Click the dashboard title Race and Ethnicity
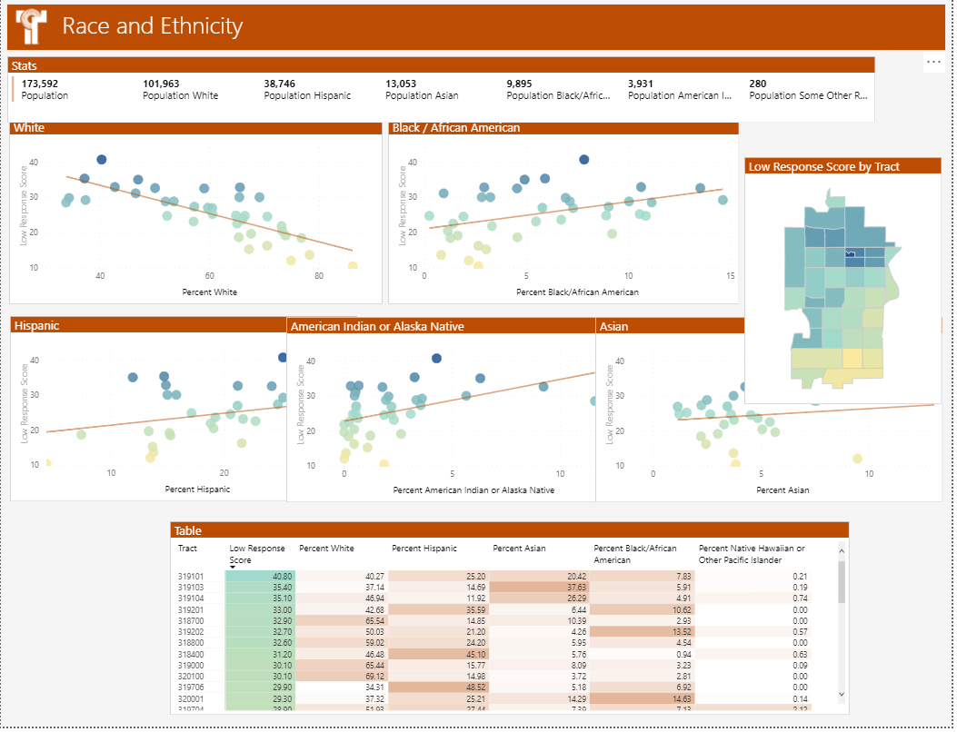pyautogui.click(x=152, y=26)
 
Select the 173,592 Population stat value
pyautogui.click(x=41, y=84)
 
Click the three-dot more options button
pyautogui.click(x=933, y=62)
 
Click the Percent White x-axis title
pyautogui.click(x=211, y=292)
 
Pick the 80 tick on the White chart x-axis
pyautogui.click(x=319, y=277)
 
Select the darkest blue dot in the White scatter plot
pyautogui.click(x=102, y=160)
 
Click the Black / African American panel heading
pyautogui.click(x=456, y=128)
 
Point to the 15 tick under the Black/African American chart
pyautogui.click(x=730, y=277)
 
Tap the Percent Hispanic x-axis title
pyautogui.click(x=197, y=490)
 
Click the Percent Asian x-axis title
pyautogui.click(x=783, y=490)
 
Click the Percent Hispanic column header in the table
pyautogui.click(x=424, y=549)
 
